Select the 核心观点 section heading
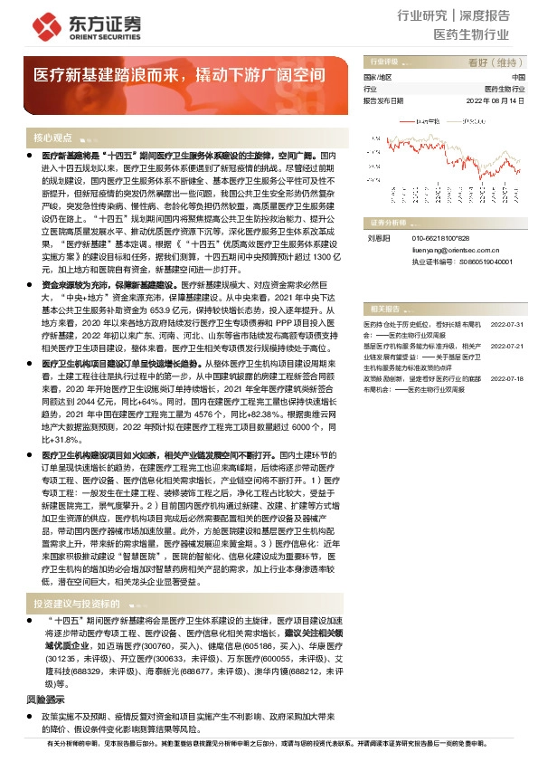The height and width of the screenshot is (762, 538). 52,138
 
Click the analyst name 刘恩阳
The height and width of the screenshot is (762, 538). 377,238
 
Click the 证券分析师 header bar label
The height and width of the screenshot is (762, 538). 391,222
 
